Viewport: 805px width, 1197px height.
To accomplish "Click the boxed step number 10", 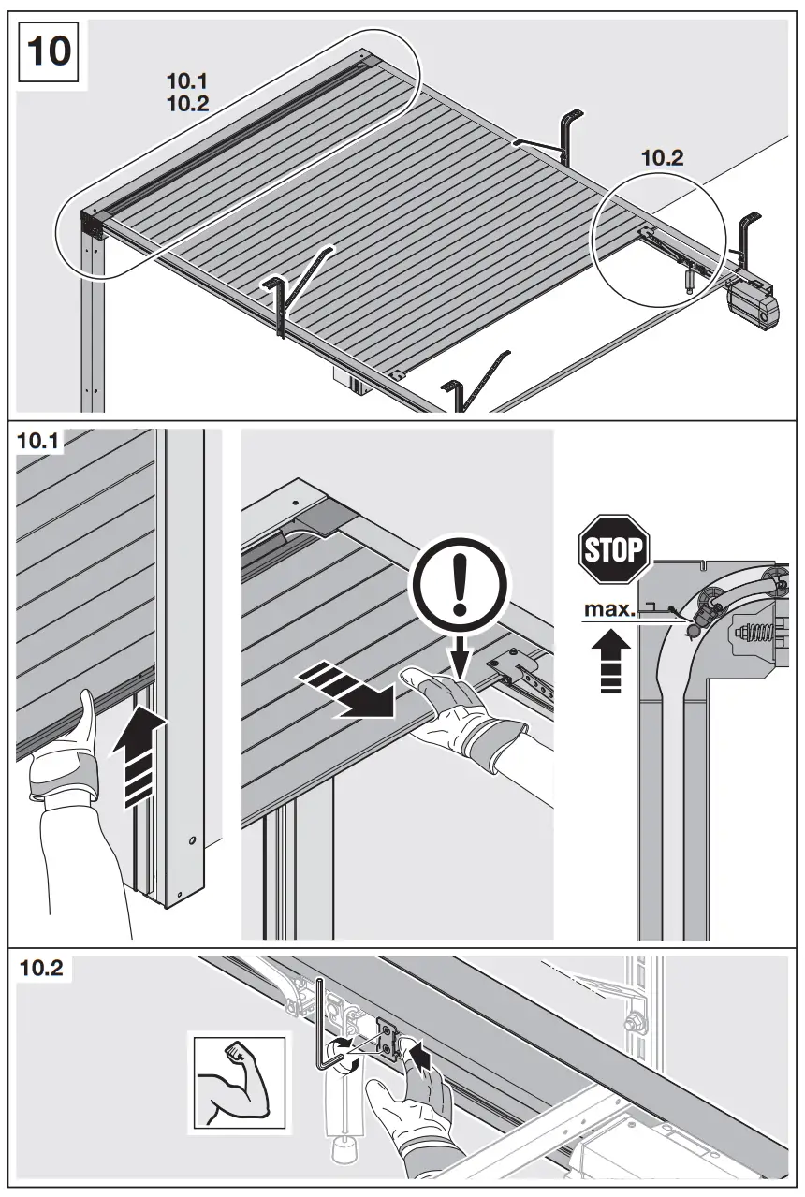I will pyautogui.click(x=50, y=51).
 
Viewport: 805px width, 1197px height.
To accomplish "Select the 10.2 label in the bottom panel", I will pyautogui.click(x=42, y=969).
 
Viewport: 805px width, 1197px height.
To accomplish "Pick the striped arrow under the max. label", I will pyautogui.click(x=609, y=664).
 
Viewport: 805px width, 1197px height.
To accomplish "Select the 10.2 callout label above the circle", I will pyautogui.click(x=662, y=158).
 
